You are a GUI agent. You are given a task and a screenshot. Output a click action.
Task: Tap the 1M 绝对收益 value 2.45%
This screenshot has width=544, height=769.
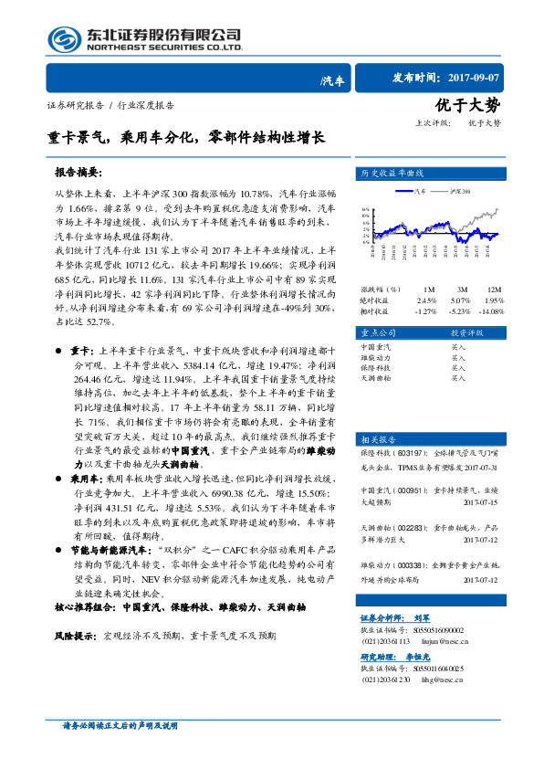pyautogui.click(x=426, y=300)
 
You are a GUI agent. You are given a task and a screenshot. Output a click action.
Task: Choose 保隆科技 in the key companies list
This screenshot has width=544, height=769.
pyautogui.click(x=376, y=367)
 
